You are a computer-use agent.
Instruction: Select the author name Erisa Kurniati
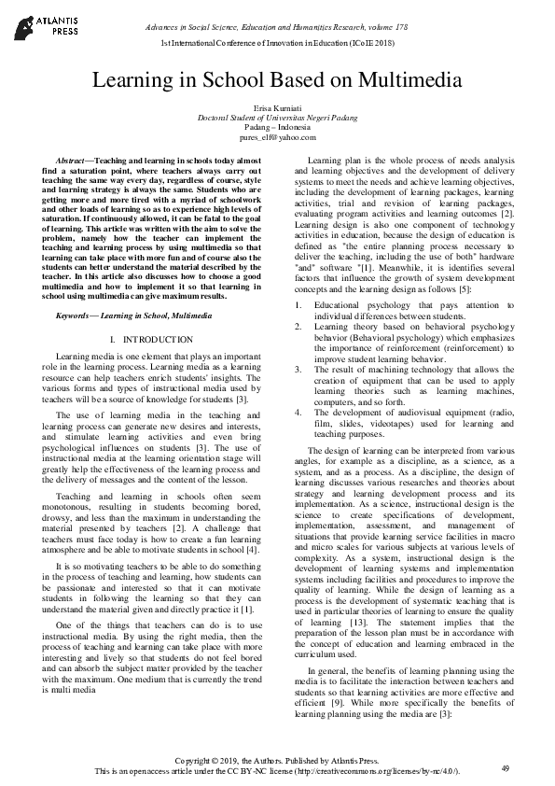[x=277, y=110]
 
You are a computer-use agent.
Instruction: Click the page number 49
[x=505, y=767]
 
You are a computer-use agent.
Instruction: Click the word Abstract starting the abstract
[x=72, y=161]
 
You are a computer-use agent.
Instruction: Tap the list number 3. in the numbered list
[x=298, y=369]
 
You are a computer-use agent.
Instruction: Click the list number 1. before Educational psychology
[x=298, y=304]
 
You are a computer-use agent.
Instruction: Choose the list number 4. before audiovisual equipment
[x=298, y=412]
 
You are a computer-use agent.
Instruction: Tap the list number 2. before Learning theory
[x=298, y=326]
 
